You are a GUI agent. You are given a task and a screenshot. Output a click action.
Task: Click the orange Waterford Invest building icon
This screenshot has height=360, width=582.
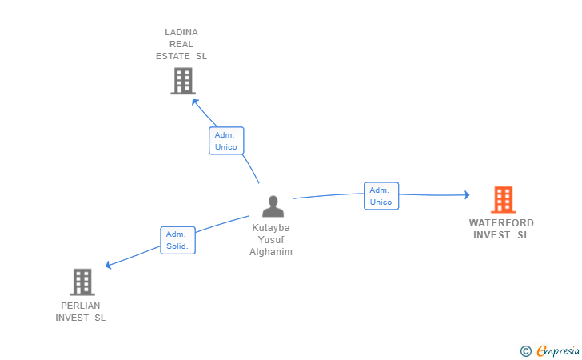point(504,199)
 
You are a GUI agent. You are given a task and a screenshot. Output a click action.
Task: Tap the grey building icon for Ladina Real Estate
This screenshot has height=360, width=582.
point(183,81)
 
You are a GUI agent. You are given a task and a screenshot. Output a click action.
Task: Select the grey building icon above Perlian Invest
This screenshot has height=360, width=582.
point(82,282)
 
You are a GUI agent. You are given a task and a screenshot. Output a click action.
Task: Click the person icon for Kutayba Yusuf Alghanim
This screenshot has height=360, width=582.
point(273,206)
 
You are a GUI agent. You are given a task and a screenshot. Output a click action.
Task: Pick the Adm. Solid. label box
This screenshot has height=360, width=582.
point(177,240)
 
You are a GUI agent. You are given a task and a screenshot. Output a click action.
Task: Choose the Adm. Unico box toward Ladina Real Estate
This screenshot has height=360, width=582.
point(226,141)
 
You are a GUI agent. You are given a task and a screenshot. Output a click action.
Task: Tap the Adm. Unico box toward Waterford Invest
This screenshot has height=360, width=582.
point(381,196)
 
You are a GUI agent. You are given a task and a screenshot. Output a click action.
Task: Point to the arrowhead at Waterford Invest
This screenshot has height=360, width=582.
point(467,194)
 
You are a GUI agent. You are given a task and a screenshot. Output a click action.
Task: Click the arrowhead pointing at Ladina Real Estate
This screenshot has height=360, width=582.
point(194,102)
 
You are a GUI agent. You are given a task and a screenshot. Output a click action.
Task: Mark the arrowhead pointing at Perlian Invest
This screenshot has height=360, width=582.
point(109,265)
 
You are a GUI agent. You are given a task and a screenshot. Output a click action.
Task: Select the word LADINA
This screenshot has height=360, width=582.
point(181,32)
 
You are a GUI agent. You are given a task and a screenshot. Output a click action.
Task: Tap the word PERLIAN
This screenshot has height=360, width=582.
point(81,306)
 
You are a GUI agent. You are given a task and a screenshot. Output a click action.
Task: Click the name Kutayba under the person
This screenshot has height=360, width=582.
point(271,228)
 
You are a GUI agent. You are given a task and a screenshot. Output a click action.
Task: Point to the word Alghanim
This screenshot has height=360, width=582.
point(271,252)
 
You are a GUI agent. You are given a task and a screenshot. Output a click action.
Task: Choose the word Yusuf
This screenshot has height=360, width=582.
point(271,240)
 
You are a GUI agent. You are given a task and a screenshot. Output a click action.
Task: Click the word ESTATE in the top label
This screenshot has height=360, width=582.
point(173,56)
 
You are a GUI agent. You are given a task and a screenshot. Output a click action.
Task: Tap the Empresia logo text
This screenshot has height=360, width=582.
point(558,350)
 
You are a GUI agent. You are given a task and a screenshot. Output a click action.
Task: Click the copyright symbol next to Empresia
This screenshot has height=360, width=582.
point(526,351)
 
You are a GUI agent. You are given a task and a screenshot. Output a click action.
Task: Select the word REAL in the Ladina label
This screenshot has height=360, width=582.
point(181,44)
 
